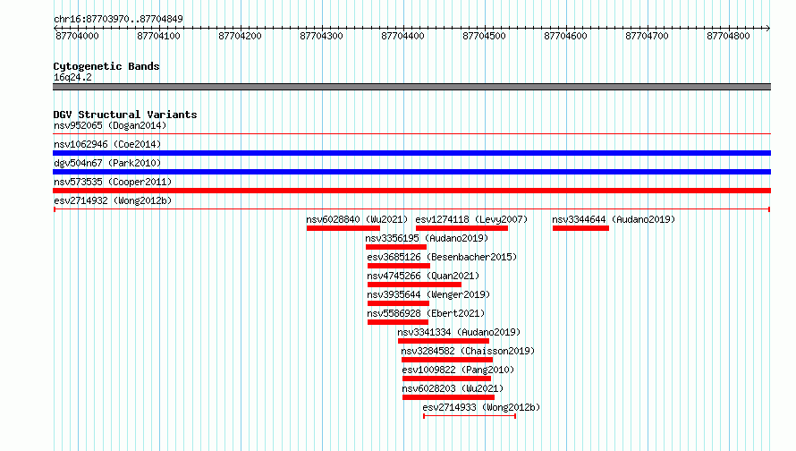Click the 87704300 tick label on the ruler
(321, 36)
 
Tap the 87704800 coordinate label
(729, 36)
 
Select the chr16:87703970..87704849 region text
(118, 19)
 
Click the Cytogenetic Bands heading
(106, 66)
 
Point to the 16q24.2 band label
(72, 77)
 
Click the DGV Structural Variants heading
(125, 115)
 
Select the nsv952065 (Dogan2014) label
(110, 125)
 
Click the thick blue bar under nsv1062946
(411, 153)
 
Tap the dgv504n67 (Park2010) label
(107, 163)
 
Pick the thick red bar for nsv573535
(411, 191)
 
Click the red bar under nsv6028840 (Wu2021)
(343, 228)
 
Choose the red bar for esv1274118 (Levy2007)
(462, 228)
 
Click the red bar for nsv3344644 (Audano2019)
(580, 228)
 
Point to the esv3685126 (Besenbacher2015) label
(442, 257)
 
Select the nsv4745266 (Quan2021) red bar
(414, 285)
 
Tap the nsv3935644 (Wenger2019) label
(428, 294)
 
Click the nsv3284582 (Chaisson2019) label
(468, 351)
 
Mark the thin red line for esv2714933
(470, 416)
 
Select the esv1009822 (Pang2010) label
(458, 370)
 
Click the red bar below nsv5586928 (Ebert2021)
(398, 322)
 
